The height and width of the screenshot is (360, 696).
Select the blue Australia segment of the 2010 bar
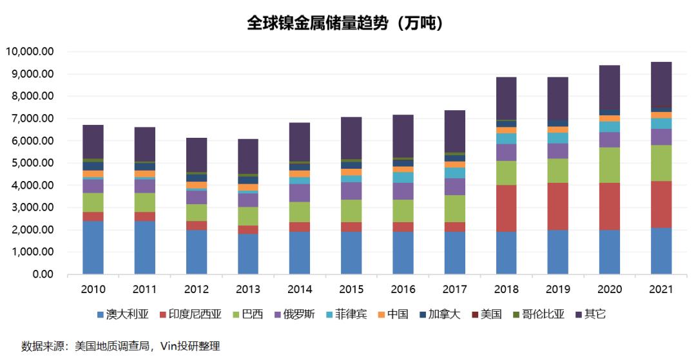coord(93,248)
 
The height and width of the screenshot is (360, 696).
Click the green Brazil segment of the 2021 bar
coord(661,163)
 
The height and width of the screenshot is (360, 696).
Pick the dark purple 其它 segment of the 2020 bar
coord(610,87)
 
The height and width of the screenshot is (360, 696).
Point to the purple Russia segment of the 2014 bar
coord(300,193)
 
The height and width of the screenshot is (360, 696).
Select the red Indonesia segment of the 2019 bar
coord(558,207)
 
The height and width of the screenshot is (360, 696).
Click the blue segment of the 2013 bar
coord(248,254)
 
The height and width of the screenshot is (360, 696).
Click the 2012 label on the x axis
coord(197,290)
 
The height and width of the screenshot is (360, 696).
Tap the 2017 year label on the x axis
coord(454,290)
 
